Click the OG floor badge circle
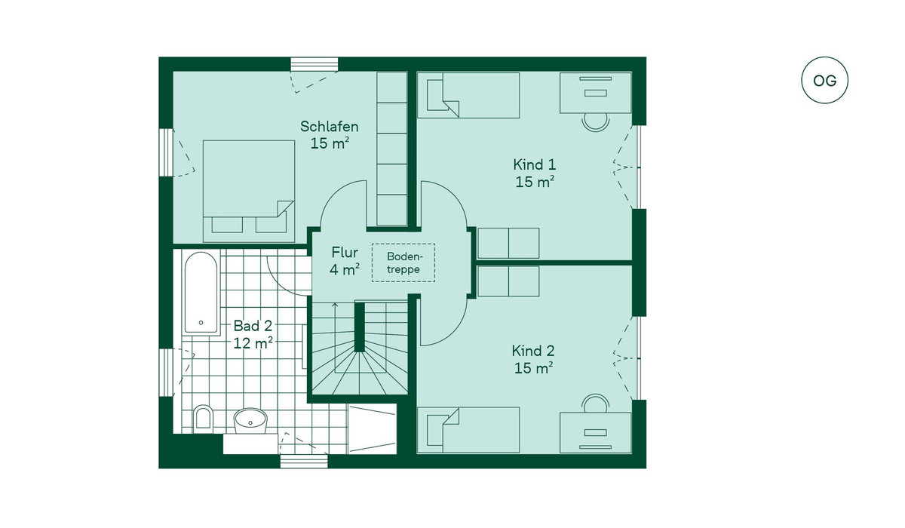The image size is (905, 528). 824,81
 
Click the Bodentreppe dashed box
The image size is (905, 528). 403,262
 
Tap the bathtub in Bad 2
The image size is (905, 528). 201,292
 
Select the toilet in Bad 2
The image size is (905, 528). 202,419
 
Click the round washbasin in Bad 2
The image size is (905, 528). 250,420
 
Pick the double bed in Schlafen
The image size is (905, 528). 248,189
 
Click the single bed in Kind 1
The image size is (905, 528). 468,96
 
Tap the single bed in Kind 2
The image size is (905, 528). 468,429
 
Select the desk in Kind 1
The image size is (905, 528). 595,93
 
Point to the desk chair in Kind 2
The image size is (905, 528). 595,403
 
